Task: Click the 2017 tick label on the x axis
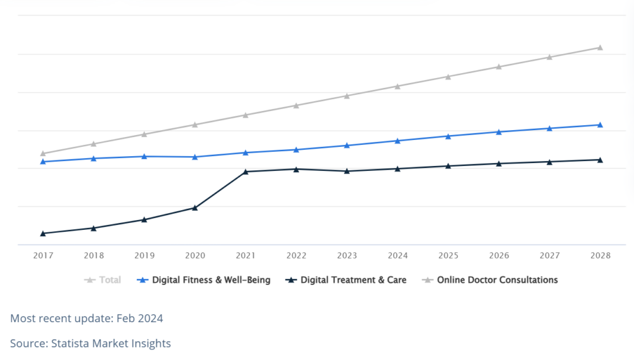tap(43, 256)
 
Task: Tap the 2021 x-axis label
tap(246, 256)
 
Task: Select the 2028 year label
tap(601, 256)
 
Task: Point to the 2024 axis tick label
tap(398, 256)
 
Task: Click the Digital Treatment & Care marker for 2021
tap(246, 172)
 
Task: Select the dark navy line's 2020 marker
tap(195, 208)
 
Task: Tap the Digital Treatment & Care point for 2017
tap(43, 234)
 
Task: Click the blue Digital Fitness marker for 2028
tap(601, 125)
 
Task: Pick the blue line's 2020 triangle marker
tap(195, 157)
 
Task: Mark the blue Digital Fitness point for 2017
tap(43, 161)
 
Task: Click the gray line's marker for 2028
tap(601, 47)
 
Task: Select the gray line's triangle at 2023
tap(347, 96)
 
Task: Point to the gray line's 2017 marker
tap(43, 153)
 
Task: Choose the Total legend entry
tap(103, 280)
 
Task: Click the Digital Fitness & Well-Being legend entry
tap(204, 280)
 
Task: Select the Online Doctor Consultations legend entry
tap(490, 280)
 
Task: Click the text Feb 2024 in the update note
tap(140, 318)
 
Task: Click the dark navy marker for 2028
tap(601, 160)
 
